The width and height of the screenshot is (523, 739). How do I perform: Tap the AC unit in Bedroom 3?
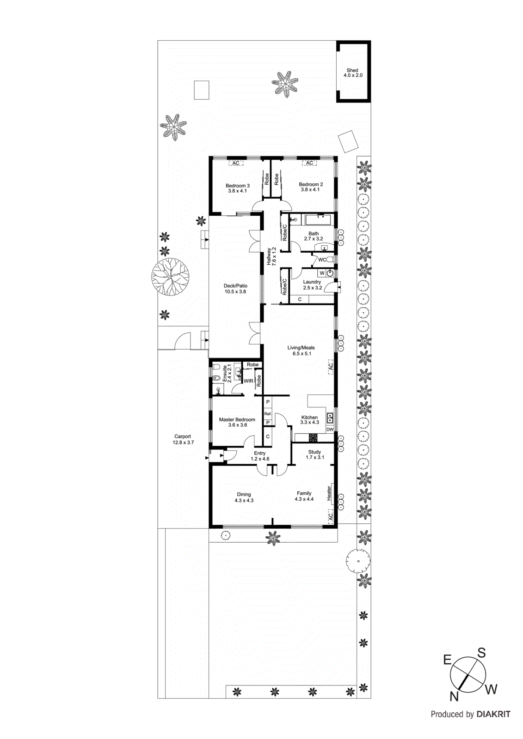[x=236, y=163]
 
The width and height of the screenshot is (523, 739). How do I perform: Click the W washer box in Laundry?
[x=322, y=273]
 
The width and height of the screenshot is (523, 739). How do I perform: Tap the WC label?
[x=322, y=260]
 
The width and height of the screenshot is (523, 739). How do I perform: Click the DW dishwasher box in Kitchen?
[x=330, y=430]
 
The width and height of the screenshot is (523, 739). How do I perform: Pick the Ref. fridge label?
[x=268, y=414]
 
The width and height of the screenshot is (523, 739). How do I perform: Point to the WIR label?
[x=248, y=381]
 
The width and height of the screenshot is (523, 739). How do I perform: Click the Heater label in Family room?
[x=329, y=493]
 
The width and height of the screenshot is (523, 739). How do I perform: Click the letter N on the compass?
[x=454, y=696]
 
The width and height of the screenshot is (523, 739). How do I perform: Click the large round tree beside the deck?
[x=171, y=277]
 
